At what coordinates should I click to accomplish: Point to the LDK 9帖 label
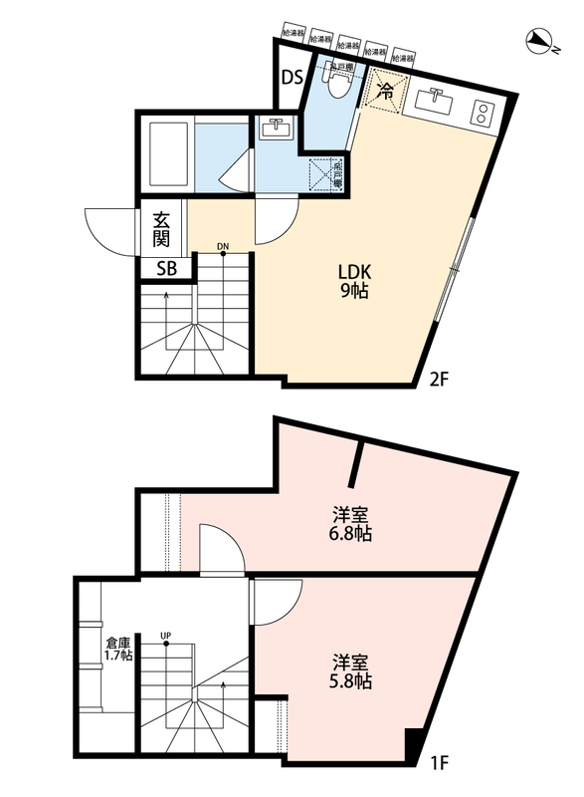(354, 283)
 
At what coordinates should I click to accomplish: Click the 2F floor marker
(442, 379)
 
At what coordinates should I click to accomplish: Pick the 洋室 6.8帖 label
(352, 524)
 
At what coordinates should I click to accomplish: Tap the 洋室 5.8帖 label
(352, 671)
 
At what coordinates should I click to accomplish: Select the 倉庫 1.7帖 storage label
(119, 649)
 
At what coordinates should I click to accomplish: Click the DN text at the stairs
(223, 246)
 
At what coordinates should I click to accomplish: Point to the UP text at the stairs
(165, 635)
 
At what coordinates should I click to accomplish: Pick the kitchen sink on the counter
(435, 101)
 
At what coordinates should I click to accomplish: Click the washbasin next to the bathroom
(274, 128)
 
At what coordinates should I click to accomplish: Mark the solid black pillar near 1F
(414, 744)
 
